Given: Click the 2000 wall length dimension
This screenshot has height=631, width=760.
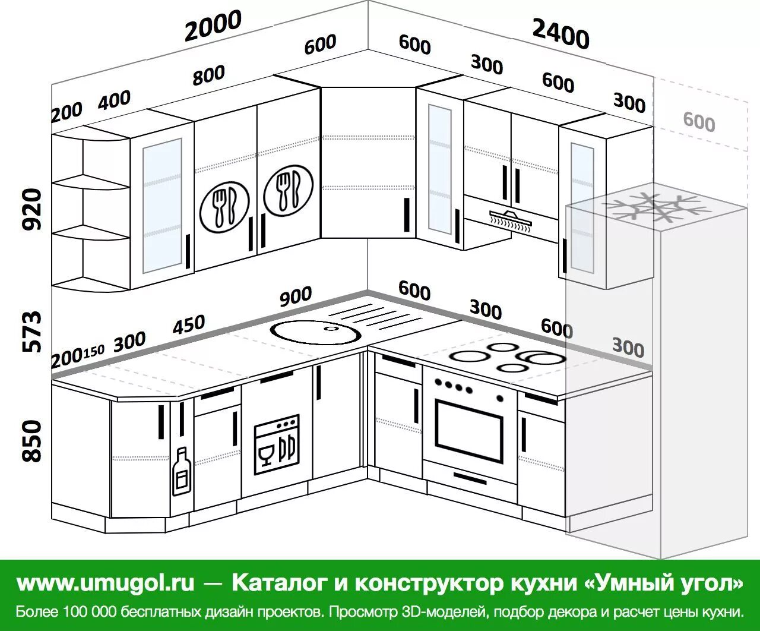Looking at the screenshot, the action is pyautogui.click(x=213, y=26).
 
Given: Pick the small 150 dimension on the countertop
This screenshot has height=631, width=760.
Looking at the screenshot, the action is pyautogui.click(x=93, y=352).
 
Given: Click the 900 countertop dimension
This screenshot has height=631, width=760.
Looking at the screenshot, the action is pyautogui.click(x=295, y=296).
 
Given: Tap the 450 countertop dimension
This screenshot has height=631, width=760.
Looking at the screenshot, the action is pyautogui.click(x=189, y=326).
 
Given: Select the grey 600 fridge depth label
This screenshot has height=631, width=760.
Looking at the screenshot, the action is pyautogui.click(x=699, y=122).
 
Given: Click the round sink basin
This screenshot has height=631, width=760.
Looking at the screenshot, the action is pyautogui.click(x=315, y=331).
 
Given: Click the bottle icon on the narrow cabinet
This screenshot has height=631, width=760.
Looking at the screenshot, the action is pyautogui.click(x=182, y=472).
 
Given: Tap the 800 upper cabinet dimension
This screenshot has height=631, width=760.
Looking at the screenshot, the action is pyautogui.click(x=208, y=75).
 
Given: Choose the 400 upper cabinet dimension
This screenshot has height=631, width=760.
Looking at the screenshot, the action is pyautogui.click(x=114, y=100).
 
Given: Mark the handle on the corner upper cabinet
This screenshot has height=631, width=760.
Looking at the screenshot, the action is pyautogui.click(x=407, y=214).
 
